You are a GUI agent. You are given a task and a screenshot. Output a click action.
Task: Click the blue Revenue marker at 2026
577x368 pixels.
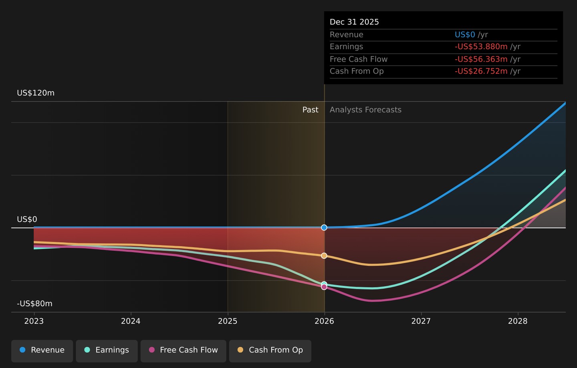[324, 227]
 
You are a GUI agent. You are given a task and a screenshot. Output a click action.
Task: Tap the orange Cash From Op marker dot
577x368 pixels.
[324, 255]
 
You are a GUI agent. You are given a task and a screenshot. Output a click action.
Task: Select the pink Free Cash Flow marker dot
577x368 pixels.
[324, 287]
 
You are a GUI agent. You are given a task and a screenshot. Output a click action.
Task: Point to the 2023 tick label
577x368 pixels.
[34, 321]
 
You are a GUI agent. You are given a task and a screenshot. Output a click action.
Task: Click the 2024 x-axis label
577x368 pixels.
[131, 321]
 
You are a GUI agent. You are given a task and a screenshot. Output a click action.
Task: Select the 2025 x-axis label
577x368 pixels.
[228, 321]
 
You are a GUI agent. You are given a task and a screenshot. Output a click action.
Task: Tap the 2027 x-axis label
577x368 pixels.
[421, 321]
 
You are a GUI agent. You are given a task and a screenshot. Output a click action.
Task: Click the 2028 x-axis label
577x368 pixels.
[518, 321]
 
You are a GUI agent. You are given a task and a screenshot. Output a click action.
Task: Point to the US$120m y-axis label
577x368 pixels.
[36, 93]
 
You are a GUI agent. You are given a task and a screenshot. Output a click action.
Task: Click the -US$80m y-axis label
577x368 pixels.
[34, 304]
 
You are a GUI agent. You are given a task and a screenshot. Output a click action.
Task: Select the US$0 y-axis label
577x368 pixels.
[27, 219]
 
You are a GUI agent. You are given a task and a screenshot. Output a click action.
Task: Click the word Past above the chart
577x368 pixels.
[311, 110]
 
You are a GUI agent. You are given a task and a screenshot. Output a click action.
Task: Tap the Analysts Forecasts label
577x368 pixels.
[365, 110]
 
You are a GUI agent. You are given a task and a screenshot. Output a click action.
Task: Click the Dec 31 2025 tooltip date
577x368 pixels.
[354, 22]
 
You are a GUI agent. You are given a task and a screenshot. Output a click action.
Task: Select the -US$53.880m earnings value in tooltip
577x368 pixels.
[481, 46]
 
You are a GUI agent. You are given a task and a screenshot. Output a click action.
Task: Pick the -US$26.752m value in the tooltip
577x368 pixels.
[481, 71]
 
